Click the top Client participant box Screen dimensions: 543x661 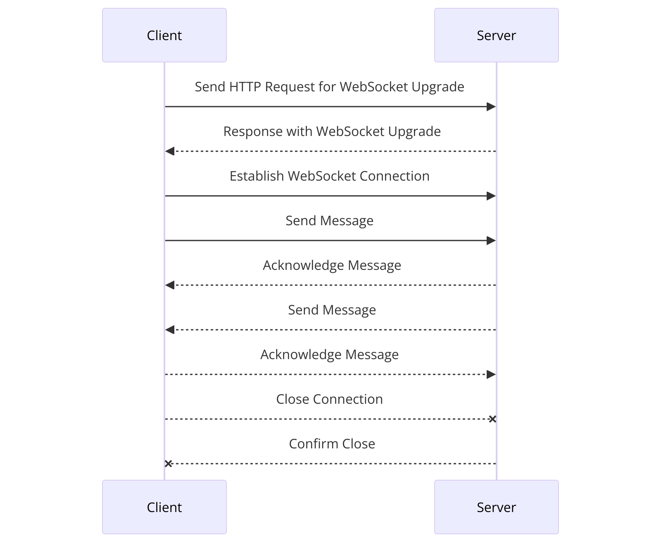click(x=164, y=35)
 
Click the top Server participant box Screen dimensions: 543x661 click(x=496, y=35)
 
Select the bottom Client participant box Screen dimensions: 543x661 click(x=164, y=507)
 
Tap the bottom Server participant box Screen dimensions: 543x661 click(x=496, y=507)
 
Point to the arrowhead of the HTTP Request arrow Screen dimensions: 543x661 click(x=491, y=107)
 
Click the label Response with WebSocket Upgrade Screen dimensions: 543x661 click(x=332, y=131)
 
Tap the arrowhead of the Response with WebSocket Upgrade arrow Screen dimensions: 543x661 click(x=170, y=151)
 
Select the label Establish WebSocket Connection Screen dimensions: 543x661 click(x=329, y=176)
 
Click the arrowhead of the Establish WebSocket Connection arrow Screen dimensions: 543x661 click(x=491, y=196)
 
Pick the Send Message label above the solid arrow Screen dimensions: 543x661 click(x=329, y=221)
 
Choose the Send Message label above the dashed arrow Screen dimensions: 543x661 click(x=332, y=310)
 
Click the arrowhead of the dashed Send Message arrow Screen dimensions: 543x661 click(x=170, y=330)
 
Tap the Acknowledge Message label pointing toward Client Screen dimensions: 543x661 click(x=332, y=265)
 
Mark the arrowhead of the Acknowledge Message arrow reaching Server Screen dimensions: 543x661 click(x=491, y=374)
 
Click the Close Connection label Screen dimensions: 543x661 click(x=329, y=399)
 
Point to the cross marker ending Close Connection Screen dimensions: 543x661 click(x=492, y=419)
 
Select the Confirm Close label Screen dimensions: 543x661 click(x=332, y=444)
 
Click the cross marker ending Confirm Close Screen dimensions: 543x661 click(x=168, y=464)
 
